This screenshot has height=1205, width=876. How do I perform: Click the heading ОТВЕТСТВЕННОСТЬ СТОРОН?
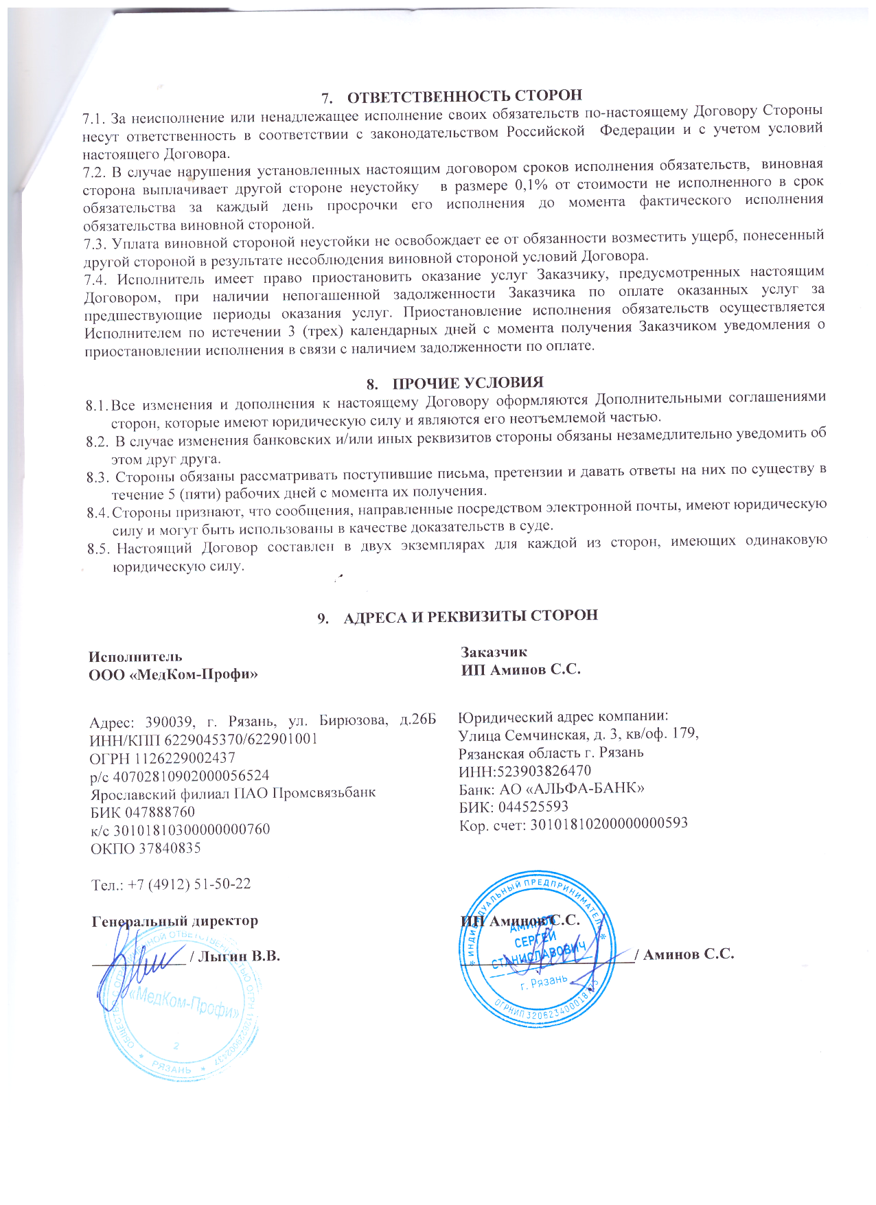pos(464,95)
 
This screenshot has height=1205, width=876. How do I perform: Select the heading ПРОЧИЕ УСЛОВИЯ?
pos(468,382)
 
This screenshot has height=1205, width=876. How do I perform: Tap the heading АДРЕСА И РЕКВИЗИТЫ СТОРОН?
pos(470,615)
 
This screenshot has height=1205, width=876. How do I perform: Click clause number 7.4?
pos(95,279)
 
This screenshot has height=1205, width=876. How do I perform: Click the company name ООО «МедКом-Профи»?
pos(174,674)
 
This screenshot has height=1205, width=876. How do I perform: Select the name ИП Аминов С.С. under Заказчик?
pos(521,669)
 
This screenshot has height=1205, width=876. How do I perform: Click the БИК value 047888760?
pos(161,812)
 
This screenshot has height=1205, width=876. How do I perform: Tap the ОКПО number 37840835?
pos(170,848)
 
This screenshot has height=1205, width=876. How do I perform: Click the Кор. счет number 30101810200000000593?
pos(607,823)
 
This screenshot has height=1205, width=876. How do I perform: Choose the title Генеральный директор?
pos(174,921)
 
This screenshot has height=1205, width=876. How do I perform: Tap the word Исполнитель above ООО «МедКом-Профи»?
pos(135,656)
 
